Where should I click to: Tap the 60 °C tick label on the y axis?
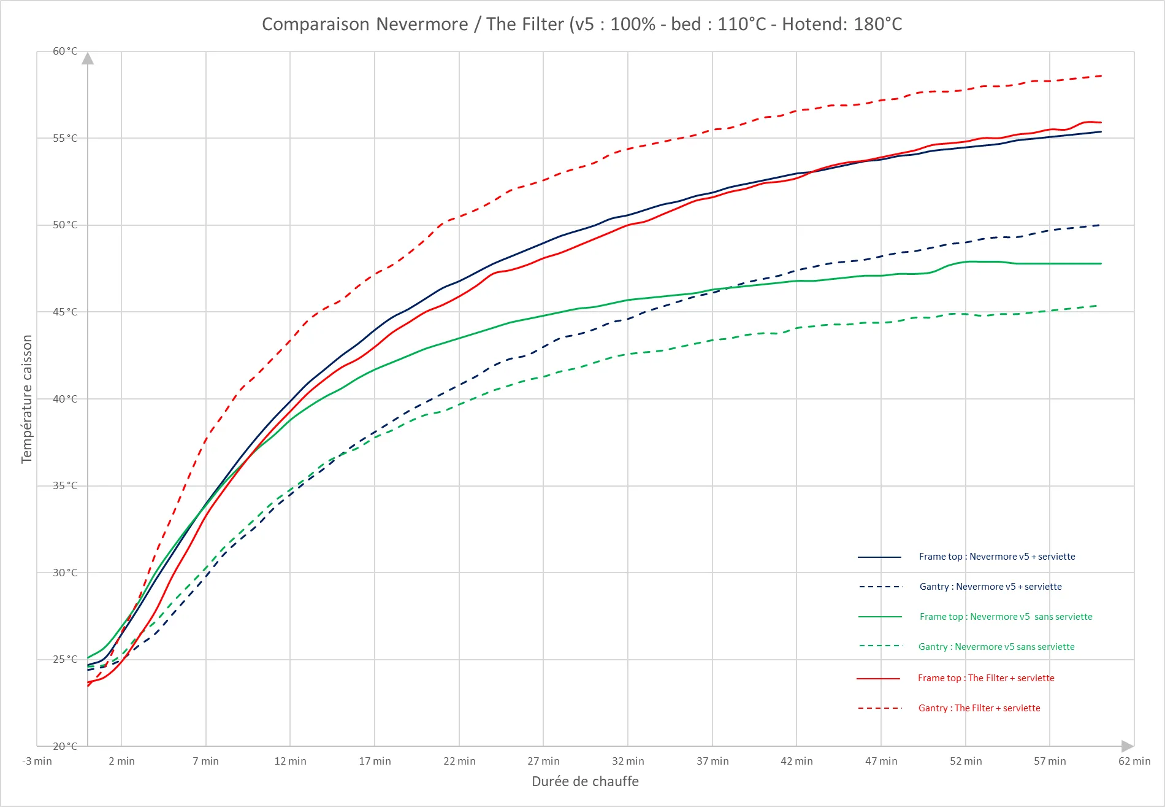click(65, 51)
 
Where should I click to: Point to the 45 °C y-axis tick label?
click(65, 312)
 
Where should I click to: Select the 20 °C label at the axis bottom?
click(65, 746)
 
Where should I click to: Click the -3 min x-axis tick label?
click(37, 761)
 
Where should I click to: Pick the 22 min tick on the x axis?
click(459, 761)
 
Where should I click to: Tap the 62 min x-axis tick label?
click(1134, 761)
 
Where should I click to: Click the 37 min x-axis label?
click(712, 761)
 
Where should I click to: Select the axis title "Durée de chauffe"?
click(585, 781)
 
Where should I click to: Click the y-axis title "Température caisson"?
click(26, 399)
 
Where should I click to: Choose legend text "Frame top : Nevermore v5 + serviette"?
click(997, 557)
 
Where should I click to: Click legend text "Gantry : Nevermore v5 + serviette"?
click(990, 587)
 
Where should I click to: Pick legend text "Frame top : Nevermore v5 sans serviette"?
click(1006, 617)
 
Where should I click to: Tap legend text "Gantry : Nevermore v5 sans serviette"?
click(996, 647)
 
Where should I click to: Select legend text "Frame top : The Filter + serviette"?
click(986, 678)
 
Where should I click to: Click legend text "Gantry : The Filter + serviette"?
click(979, 708)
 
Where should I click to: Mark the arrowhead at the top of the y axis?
click(88, 58)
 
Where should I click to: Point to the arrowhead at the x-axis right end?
click(1127, 746)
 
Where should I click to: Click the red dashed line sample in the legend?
click(880, 708)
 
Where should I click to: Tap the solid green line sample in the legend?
click(880, 617)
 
